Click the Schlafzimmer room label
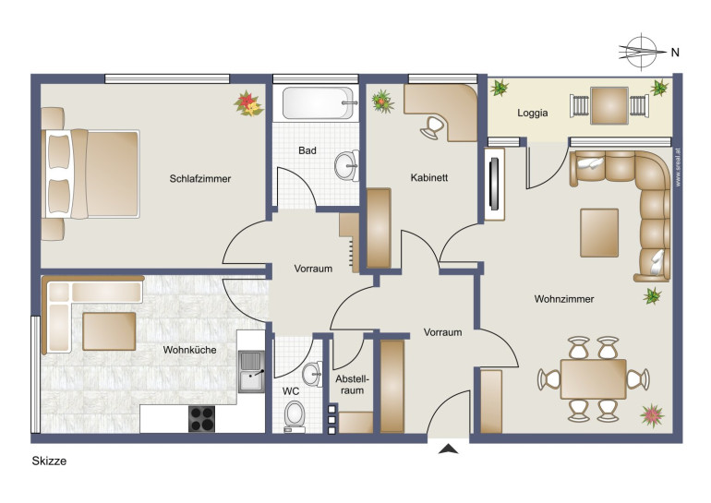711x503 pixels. (200, 178)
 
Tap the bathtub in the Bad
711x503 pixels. (318, 102)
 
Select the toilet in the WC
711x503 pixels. (295, 415)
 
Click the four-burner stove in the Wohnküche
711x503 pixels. (202, 419)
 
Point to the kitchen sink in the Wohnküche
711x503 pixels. (251, 372)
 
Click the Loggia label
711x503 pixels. (533, 113)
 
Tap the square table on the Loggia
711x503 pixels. (609, 105)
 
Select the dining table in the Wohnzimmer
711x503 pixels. (593, 379)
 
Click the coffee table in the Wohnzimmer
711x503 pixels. (599, 233)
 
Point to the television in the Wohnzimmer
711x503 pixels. (494, 184)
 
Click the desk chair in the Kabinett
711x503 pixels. (432, 127)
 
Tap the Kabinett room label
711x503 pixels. (429, 177)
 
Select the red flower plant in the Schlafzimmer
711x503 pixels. (248, 103)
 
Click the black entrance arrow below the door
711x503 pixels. (448, 449)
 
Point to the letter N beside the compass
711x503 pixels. (675, 53)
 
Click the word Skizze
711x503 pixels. (49, 461)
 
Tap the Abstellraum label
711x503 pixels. (353, 384)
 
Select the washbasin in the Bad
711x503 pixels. (346, 166)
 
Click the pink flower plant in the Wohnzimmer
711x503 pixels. (652, 415)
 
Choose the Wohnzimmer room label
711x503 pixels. (564, 299)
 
